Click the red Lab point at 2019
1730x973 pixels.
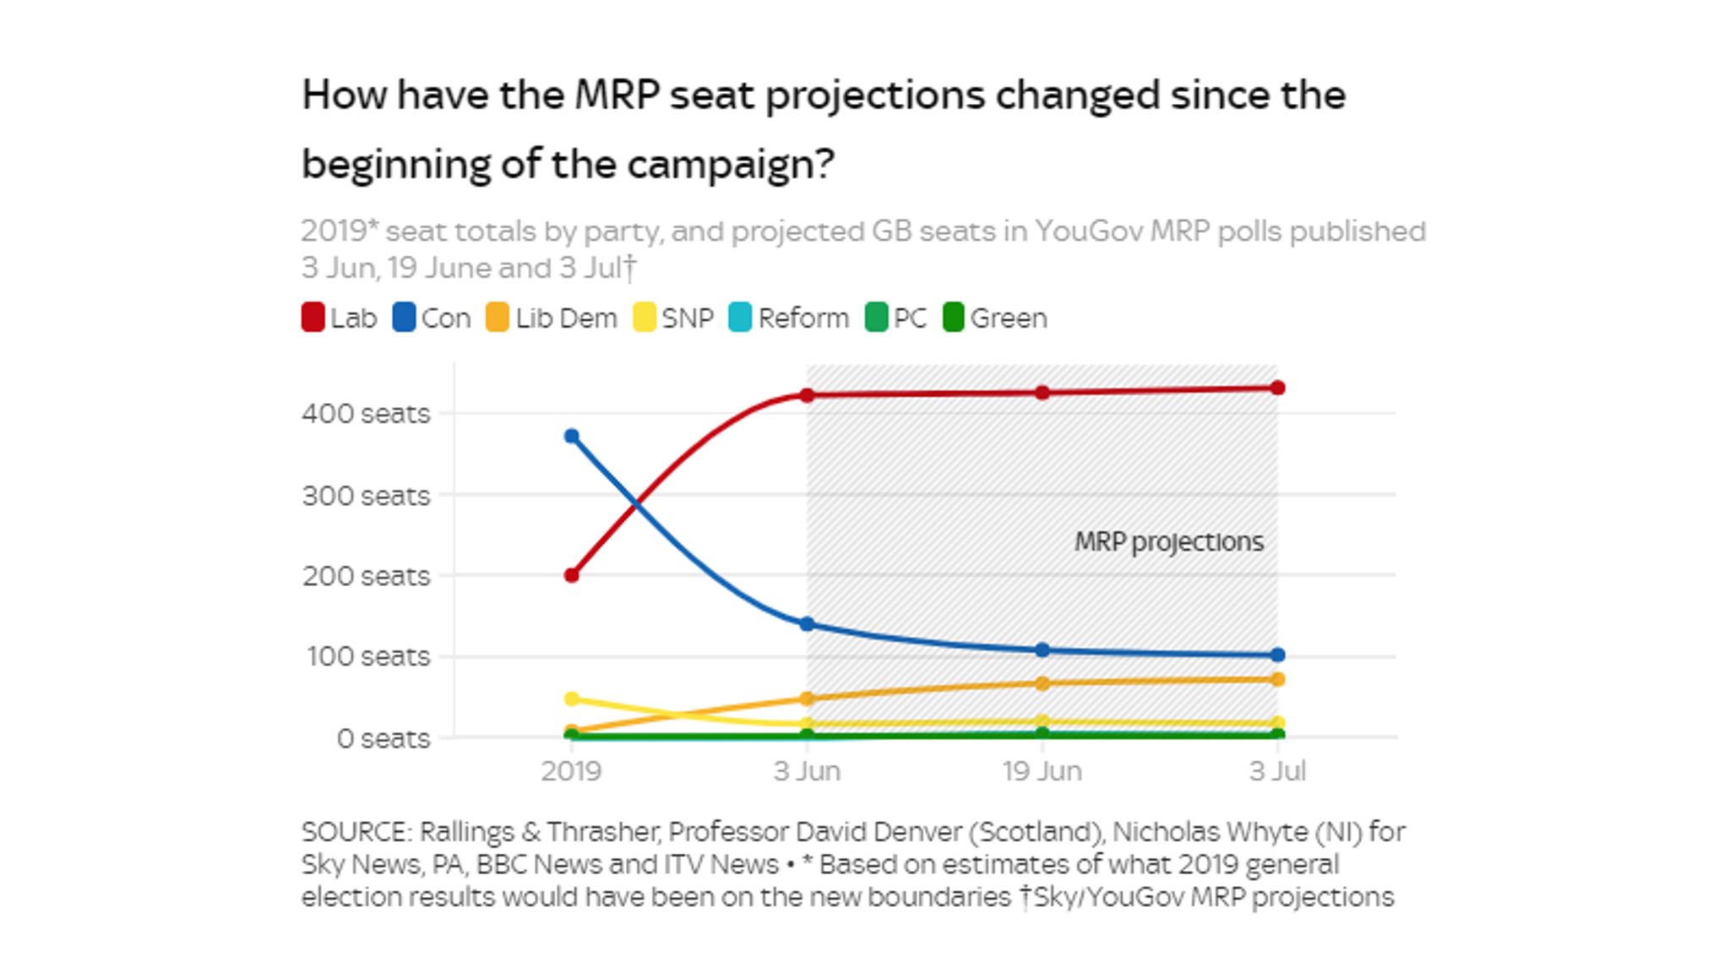pyautogui.click(x=572, y=575)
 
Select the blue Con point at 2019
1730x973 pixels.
pyautogui.click(x=572, y=437)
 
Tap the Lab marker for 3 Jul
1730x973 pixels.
pyautogui.click(x=1277, y=388)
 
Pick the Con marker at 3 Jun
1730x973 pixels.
pyautogui.click(x=807, y=624)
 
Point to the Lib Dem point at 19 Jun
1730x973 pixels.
pyautogui.click(x=1042, y=683)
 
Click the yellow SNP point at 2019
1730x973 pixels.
pyautogui.click(x=572, y=698)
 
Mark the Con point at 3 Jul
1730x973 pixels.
pyautogui.click(x=1277, y=655)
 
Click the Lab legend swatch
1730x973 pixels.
pyautogui.click(x=313, y=318)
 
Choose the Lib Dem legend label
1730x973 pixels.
pyautogui.click(x=566, y=318)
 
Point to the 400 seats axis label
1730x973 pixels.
pyautogui.click(x=366, y=414)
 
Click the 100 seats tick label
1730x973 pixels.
pyautogui.click(x=368, y=656)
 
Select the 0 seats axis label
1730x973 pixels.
pyautogui.click(x=384, y=738)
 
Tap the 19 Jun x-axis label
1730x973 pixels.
pyautogui.click(x=1042, y=770)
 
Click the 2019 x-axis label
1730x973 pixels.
pyautogui.click(x=571, y=770)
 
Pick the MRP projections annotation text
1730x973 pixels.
pyautogui.click(x=1168, y=541)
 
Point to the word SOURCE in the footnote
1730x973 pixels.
pyautogui.click(x=356, y=832)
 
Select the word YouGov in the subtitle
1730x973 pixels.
pyautogui.click(x=1090, y=231)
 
